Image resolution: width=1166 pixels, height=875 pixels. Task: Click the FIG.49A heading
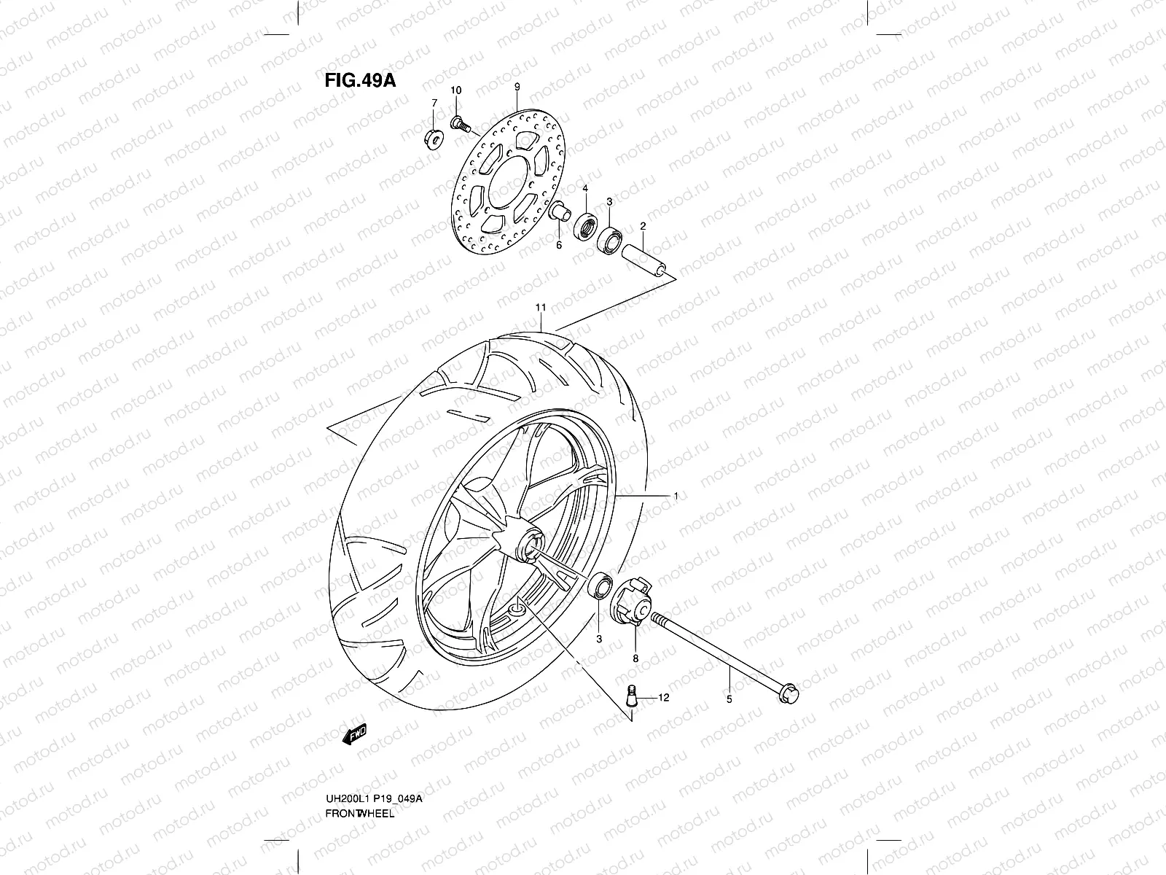click(x=360, y=80)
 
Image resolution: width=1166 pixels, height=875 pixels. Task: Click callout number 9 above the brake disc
click(x=517, y=87)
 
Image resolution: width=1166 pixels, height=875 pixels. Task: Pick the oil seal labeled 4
click(x=585, y=225)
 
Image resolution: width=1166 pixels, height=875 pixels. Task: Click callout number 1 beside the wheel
click(x=676, y=496)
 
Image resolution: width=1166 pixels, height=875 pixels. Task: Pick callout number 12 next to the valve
click(x=663, y=697)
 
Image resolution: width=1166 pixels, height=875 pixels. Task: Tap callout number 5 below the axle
click(x=729, y=699)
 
